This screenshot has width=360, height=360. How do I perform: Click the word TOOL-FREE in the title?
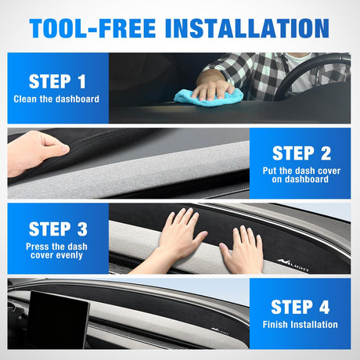[92, 28]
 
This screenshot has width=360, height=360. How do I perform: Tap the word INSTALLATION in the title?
[247, 28]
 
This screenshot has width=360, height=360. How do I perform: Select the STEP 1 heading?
[57, 81]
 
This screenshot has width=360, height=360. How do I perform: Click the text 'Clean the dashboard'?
[56, 99]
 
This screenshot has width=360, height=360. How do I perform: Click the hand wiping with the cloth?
[213, 88]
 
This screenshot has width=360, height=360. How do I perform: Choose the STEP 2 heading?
[301, 153]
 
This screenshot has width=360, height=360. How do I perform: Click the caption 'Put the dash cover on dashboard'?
[301, 175]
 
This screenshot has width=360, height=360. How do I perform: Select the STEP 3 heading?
[58, 229]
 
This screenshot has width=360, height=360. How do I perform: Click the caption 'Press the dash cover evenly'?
[56, 250]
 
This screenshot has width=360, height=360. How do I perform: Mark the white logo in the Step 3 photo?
[293, 265]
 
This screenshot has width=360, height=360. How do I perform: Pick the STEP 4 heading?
[301, 307]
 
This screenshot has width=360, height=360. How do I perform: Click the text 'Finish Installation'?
[300, 325]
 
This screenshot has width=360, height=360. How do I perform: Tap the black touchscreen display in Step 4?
[58, 319]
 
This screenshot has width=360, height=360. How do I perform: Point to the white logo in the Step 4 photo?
[220, 331]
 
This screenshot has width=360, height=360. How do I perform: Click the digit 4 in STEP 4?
[324, 307]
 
